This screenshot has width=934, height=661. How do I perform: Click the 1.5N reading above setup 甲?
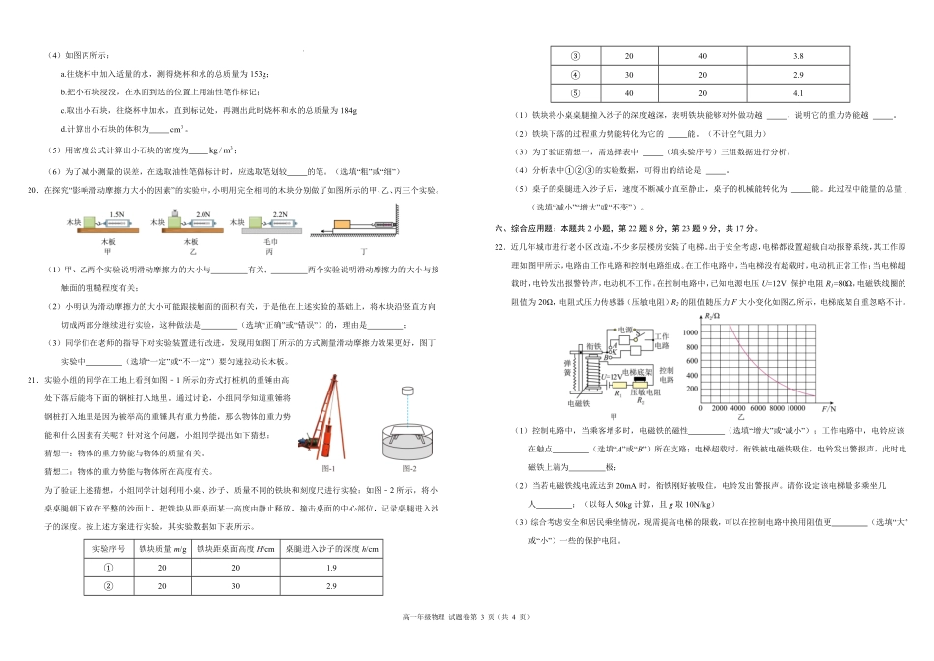pos(117,214)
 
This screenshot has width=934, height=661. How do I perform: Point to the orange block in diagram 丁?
pos(347,226)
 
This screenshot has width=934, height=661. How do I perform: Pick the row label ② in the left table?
pos(110,587)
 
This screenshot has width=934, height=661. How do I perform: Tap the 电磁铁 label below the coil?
pos(579,403)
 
